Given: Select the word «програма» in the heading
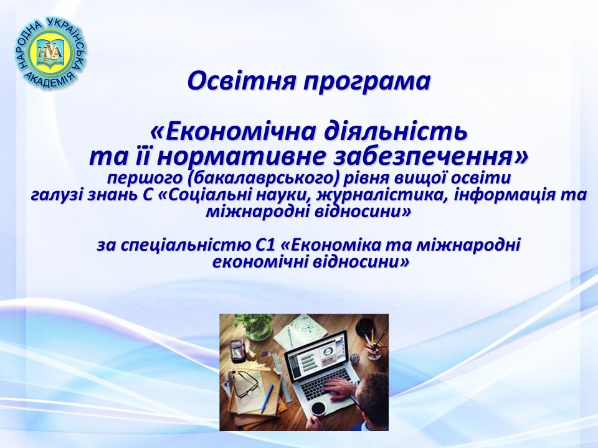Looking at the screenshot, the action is [368, 82].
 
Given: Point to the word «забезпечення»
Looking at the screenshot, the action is [430, 157].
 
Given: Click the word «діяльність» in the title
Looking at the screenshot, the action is [396, 131].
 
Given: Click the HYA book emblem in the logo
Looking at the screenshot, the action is [51, 53].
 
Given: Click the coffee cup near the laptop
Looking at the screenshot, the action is [319, 407].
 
